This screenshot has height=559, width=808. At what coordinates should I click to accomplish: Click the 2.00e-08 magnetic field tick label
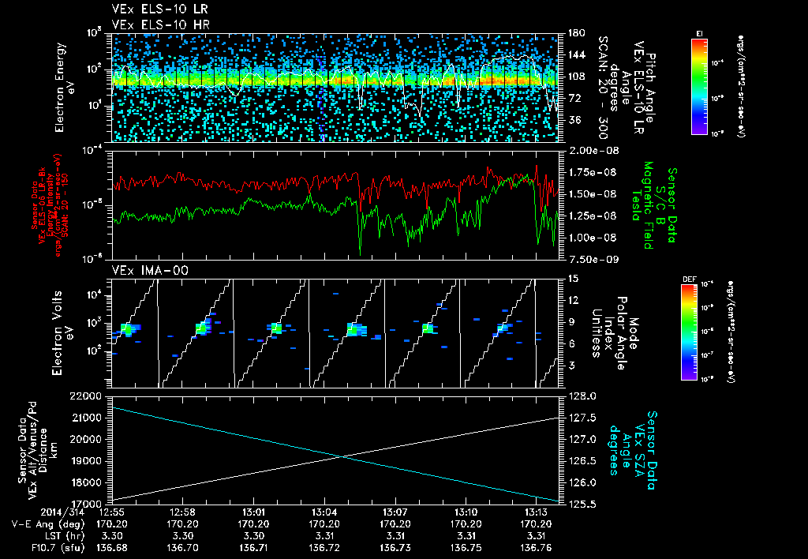point(589,150)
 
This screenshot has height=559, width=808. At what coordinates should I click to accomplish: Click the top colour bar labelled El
point(699,85)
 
